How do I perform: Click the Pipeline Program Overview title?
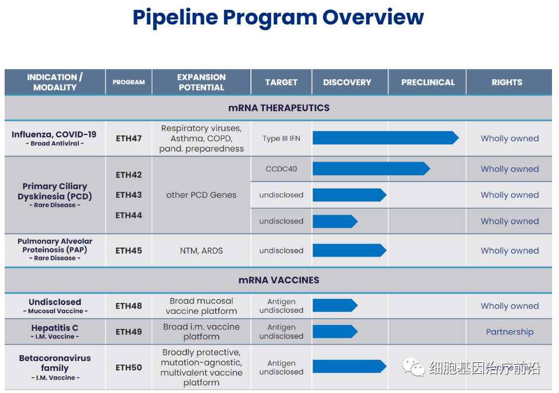coord(278,17)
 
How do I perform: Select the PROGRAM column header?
coord(129,82)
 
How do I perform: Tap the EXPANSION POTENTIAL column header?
coord(201,82)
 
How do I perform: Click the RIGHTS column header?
coord(507,82)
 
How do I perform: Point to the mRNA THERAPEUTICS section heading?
coord(279,108)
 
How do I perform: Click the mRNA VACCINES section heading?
coord(279,280)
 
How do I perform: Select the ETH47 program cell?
coord(129,139)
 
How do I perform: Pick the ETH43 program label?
coord(129,195)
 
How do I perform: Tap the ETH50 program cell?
coord(129,367)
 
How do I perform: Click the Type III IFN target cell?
coord(281,139)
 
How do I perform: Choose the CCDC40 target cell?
coord(281,169)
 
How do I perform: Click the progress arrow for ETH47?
coord(385,138)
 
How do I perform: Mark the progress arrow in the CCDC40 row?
coord(372,169)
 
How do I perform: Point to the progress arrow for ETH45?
coord(350,250)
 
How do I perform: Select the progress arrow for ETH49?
coord(335,332)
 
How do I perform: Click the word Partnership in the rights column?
coord(510,332)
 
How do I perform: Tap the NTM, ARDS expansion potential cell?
coord(201,251)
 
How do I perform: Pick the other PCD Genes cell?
coord(201,195)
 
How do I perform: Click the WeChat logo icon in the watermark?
coord(413,367)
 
